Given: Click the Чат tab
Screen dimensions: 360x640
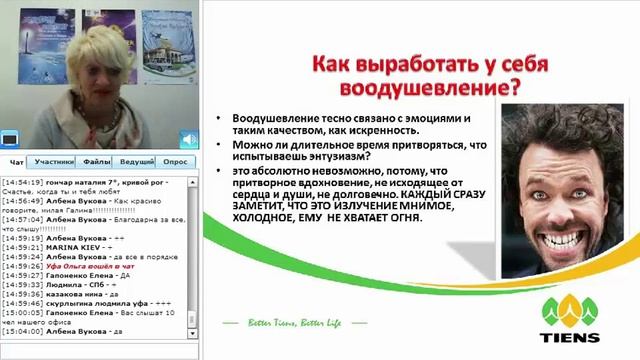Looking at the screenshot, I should coord(17,161).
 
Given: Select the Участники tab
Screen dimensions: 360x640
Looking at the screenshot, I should coord(54,161).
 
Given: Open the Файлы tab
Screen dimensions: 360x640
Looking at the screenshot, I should coord(97,161).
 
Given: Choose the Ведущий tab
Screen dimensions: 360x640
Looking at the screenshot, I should coord(135,161).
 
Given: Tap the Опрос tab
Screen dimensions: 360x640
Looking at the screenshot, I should coord(176,161).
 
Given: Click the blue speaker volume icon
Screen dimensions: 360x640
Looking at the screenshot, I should coord(188,139).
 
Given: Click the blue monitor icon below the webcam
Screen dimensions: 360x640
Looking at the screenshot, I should coord(10,139).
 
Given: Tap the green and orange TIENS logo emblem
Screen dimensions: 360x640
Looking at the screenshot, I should coord(570,311).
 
